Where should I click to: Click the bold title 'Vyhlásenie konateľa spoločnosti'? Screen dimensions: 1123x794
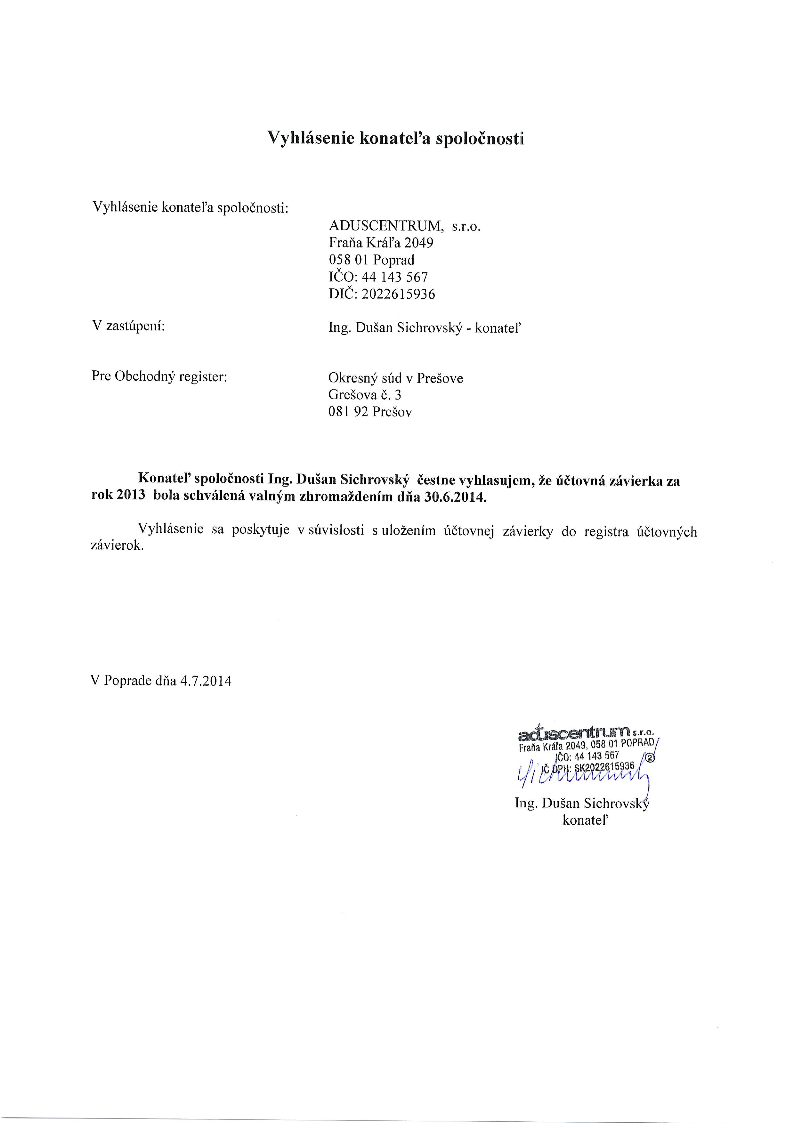(395, 138)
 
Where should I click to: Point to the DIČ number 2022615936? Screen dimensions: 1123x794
(398, 295)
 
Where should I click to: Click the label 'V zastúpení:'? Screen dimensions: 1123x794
(128, 326)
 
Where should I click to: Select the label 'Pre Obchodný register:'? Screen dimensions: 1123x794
(159, 376)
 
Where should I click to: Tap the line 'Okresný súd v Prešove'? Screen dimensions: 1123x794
(395, 378)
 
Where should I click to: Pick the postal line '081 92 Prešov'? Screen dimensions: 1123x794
(370, 412)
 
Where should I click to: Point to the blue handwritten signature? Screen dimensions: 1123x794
(582, 774)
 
